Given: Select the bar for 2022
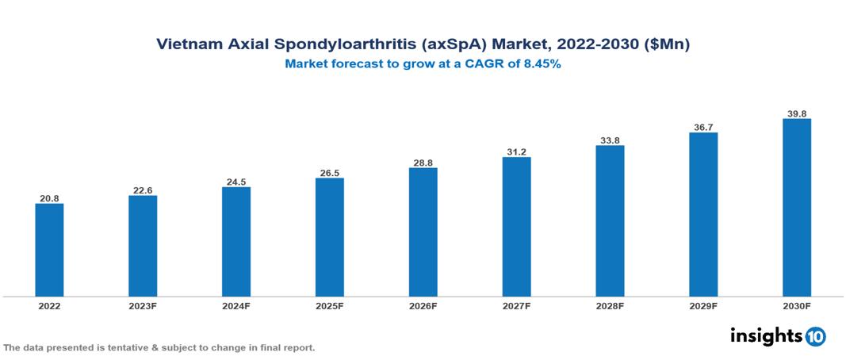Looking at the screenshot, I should pos(49,250).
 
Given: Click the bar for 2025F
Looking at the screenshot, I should pos(329,237).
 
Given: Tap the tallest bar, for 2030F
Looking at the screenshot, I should pos(796,208).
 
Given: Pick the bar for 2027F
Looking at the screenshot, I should pos(516,227).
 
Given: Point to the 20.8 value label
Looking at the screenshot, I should pos(49,197).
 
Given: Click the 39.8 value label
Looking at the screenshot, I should pos(796,113).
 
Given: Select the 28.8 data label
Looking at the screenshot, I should pos(423,163).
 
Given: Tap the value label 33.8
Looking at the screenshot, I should pos(610,140).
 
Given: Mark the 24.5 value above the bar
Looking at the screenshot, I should pos(236,182).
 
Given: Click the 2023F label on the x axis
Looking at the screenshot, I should pos(143,306).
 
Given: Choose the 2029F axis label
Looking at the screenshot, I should pos(703,306).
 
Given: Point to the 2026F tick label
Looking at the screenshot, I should pos(423,306).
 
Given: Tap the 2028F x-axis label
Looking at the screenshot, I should pos(610,306).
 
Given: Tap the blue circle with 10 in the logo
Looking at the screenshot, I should pos(815,337).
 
